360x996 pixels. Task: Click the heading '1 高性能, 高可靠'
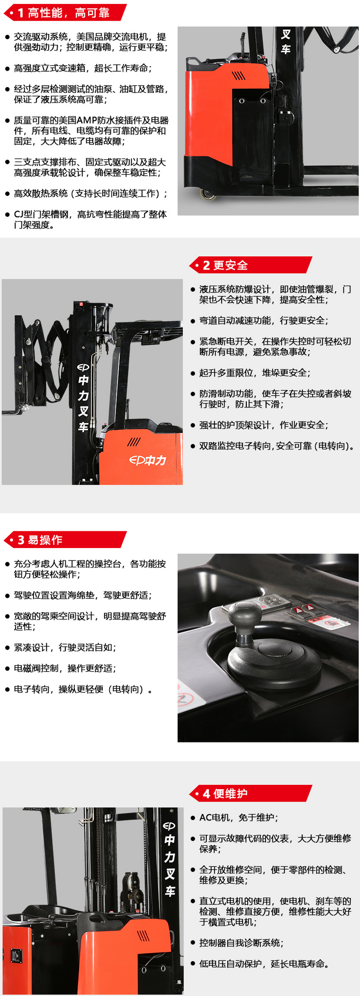[64, 13]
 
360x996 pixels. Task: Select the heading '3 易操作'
[40, 540]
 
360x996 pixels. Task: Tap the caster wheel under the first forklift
[208, 194]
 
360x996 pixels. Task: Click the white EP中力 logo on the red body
[147, 460]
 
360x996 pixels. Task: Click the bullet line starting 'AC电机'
[238, 817]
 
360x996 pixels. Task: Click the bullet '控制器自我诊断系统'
[241, 943]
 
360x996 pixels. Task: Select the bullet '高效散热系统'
[90, 193]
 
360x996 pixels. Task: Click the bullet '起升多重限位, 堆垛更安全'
[254, 373]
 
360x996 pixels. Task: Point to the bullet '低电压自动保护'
[264, 964]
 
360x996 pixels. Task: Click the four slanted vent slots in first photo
[239, 75]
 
